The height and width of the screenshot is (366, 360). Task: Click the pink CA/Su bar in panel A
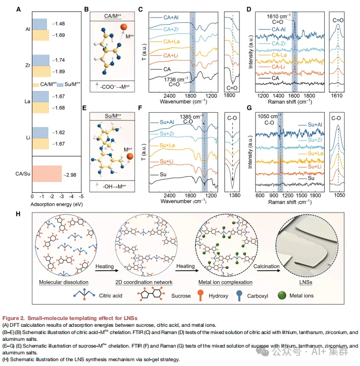tap(47, 174)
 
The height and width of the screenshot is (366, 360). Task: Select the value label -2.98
tap(70, 175)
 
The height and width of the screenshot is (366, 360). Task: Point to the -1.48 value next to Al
tap(59, 24)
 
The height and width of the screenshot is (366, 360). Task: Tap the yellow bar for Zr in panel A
tap(41, 72)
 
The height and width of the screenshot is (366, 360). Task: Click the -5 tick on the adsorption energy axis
tap(81, 196)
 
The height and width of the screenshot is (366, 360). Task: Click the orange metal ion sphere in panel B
tap(124, 27)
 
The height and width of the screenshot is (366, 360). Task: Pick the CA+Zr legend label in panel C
tap(171, 30)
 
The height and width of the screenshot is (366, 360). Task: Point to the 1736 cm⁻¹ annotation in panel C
tap(176, 79)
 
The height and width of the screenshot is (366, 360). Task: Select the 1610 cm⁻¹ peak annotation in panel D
tap(279, 16)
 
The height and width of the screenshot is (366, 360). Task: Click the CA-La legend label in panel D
tap(279, 55)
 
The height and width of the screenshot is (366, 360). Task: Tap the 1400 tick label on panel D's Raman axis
tap(278, 96)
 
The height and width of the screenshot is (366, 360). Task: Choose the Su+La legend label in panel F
tap(167, 145)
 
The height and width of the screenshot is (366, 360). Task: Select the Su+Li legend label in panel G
tap(315, 167)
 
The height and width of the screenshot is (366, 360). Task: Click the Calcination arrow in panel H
tap(269, 271)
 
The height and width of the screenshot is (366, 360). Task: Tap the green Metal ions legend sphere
tap(282, 295)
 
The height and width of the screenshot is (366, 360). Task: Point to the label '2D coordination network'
tap(144, 282)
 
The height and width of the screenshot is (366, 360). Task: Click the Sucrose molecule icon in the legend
tap(150, 295)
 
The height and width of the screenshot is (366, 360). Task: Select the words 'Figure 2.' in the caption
tap(14, 318)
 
